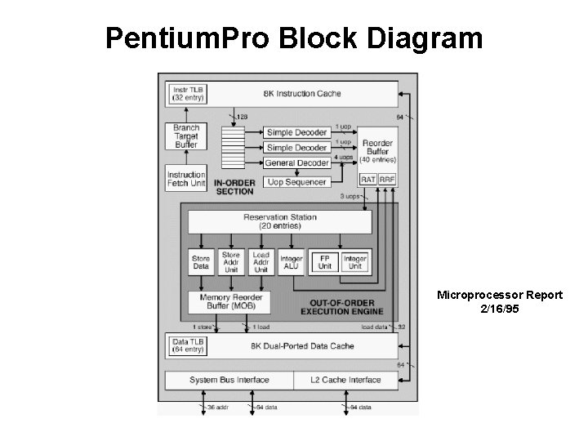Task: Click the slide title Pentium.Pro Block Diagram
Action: point(294,38)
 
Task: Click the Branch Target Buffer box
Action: point(186,136)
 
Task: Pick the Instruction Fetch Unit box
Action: point(186,178)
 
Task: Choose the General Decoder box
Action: point(296,163)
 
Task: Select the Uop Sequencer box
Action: point(296,182)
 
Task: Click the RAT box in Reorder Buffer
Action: point(369,178)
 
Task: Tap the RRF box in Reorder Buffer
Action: point(387,178)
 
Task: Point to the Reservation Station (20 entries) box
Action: point(279,221)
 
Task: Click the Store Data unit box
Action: point(200,261)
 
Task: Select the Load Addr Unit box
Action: point(261,261)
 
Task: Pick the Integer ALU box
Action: point(291,261)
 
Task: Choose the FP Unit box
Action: point(324,261)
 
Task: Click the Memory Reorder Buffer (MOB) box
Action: point(230,302)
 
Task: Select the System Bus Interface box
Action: point(229,380)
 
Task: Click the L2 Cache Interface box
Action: point(346,380)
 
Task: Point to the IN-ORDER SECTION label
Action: point(234,187)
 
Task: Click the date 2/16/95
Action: point(499,310)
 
